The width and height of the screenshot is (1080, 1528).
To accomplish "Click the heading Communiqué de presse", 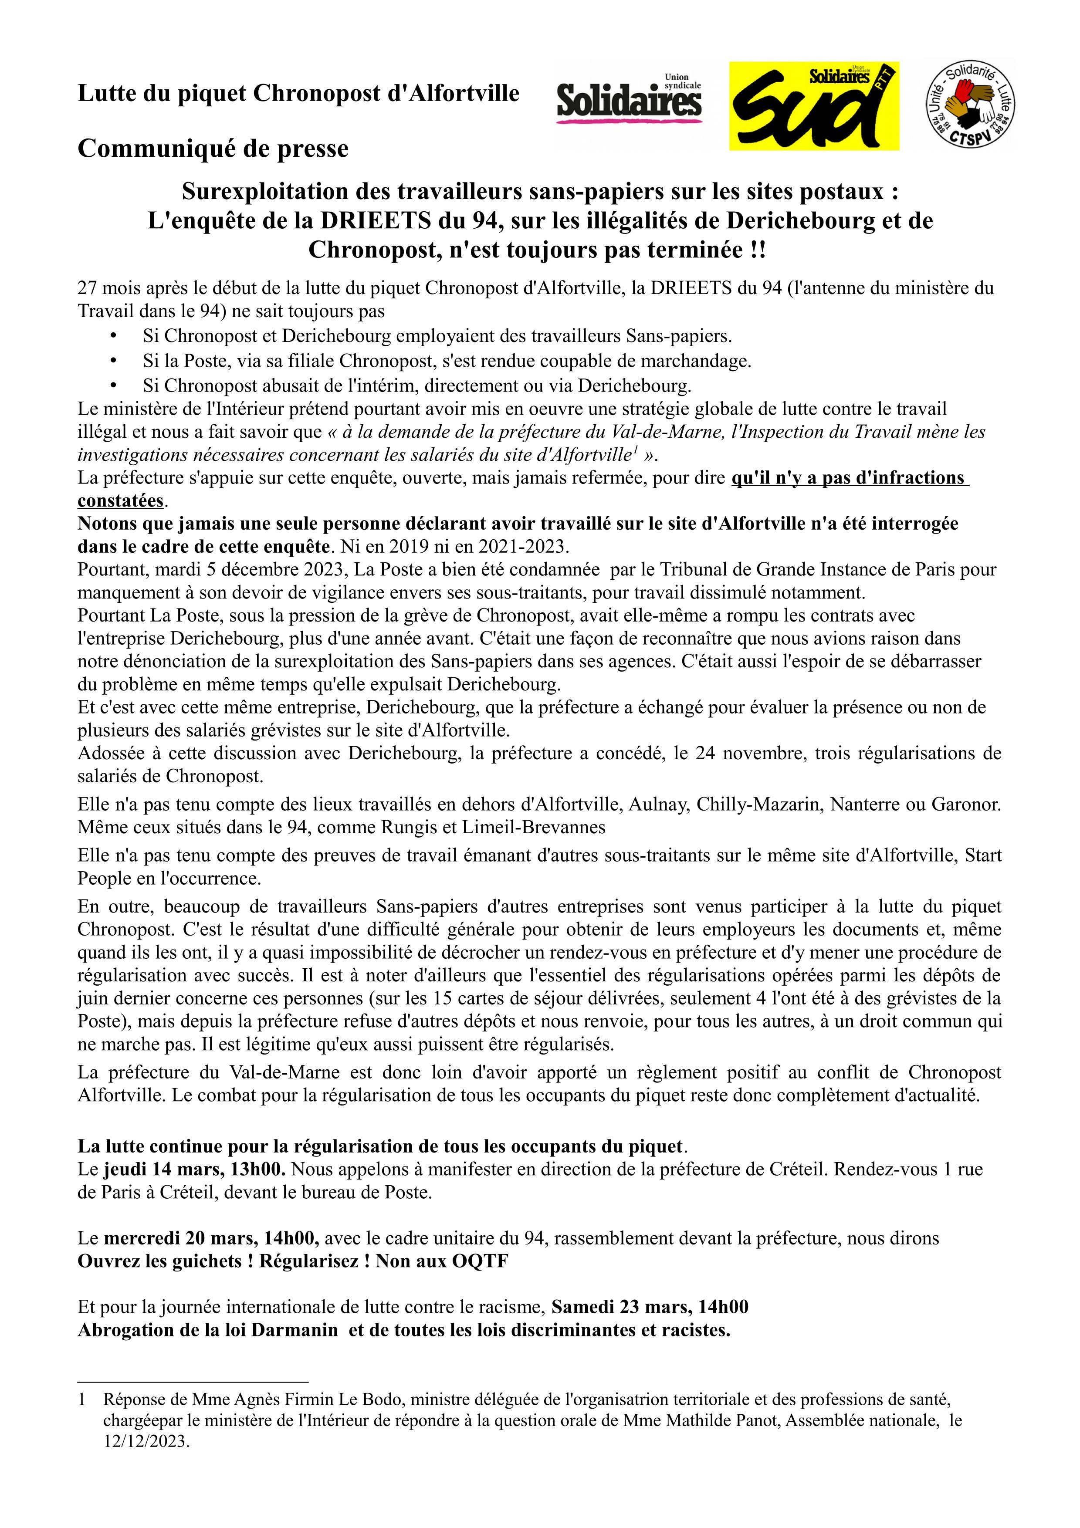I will point(213,149).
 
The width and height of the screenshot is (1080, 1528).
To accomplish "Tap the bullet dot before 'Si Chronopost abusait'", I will point(113,385).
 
